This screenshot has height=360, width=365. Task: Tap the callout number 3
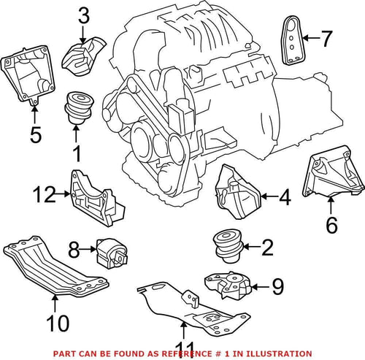pyautogui.click(x=84, y=15)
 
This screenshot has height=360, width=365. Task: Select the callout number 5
pyautogui.click(x=34, y=134)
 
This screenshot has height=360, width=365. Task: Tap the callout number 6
pyautogui.click(x=331, y=225)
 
